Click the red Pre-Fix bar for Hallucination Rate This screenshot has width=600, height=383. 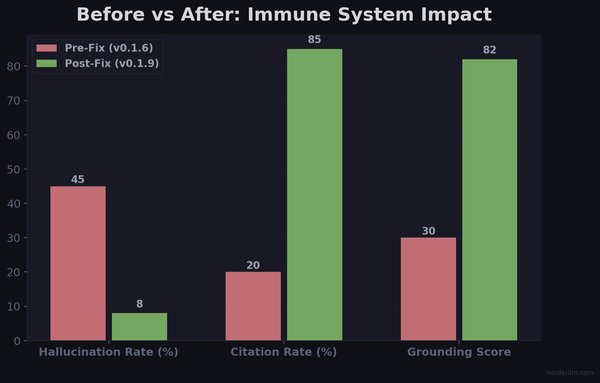78,263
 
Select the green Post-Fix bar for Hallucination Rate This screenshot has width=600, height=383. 140,327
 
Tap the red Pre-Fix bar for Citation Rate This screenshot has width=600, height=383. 253,306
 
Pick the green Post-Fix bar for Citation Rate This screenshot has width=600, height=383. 315,194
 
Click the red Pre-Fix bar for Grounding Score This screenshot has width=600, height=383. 428,289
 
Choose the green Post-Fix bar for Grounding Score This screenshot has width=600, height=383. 490,200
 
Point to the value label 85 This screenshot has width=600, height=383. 315,40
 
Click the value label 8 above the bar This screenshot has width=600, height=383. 140,304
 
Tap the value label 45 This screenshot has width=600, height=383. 78,180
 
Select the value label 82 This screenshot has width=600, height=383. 490,50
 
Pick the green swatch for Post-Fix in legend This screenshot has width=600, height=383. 47,64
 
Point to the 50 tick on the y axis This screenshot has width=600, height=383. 14,170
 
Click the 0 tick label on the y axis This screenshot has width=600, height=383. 17,341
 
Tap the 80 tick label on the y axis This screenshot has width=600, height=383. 14,67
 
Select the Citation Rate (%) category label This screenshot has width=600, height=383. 283,352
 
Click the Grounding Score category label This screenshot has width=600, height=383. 459,352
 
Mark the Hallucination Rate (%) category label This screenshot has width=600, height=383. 109,352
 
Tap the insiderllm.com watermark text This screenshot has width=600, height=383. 569,373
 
